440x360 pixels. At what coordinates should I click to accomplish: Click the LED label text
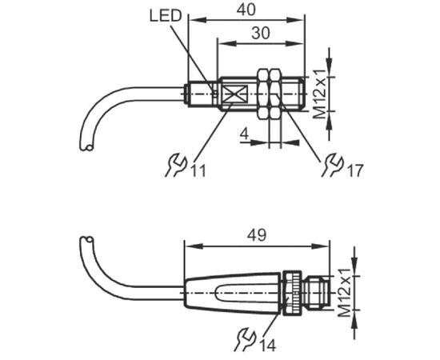tap(166, 16)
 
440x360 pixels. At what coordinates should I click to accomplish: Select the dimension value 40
tap(246, 10)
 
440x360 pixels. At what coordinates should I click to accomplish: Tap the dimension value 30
tap(261, 33)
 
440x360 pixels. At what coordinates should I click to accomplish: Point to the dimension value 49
tap(257, 235)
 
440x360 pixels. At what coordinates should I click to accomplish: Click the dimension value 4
tap(245, 134)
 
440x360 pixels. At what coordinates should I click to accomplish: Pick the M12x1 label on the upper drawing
tap(320, 94)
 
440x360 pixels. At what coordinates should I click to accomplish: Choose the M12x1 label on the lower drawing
tap(344, 293)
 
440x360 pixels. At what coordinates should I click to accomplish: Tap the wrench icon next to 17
tap(333, 165)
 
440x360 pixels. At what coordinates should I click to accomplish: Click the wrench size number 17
tap(355, 170)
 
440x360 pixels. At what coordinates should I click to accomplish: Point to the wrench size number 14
tap(268, 345)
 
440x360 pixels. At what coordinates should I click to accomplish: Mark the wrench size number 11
tap(199, 170)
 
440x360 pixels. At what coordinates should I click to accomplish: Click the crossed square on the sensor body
tap(234, 94)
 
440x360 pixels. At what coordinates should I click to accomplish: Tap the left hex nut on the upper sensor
tap(263, 94)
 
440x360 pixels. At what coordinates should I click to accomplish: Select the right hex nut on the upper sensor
tap(275, 94)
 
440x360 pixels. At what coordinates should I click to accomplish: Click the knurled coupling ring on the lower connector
tap(292, 293)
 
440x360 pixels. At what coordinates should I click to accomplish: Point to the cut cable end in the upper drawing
tap(86, 146)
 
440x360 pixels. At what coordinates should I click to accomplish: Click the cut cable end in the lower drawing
tap(86, 241)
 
